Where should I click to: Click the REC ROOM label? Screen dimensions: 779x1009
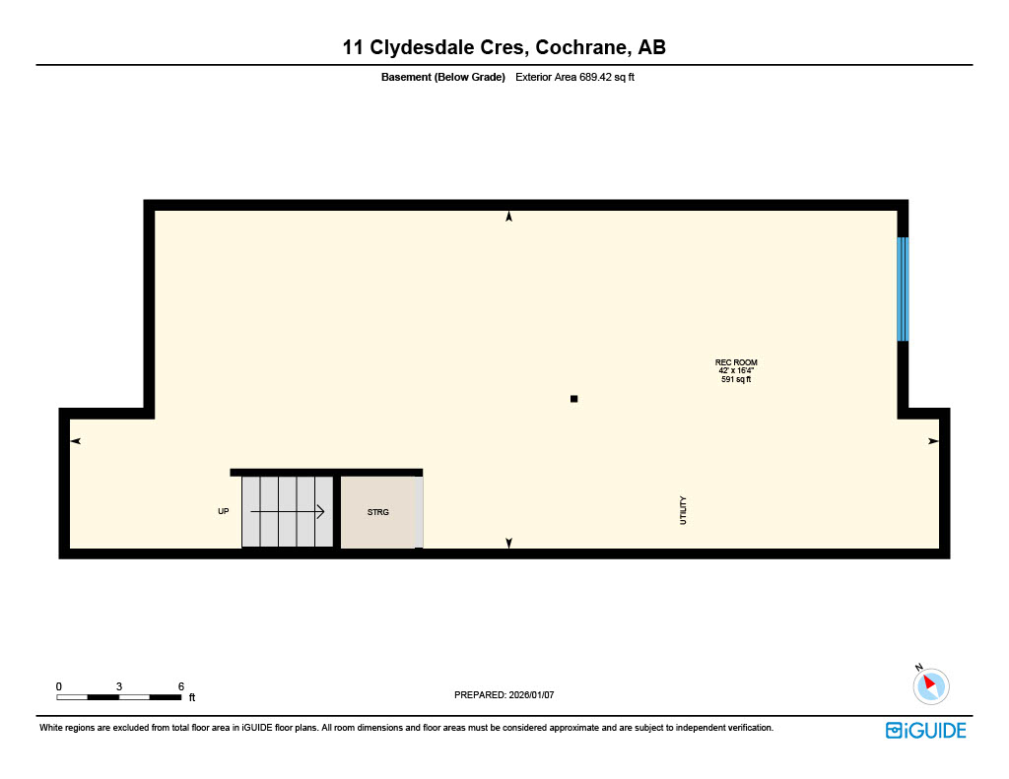coord(736,362)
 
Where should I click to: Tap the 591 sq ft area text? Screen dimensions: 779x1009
coord(736,379)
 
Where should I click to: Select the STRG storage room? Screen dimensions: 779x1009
coord(379,512)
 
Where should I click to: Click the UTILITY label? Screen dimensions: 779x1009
coord(683,510)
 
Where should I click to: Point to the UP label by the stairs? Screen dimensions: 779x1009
coord(224,512)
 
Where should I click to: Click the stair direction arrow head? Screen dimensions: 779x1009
coord(319,511)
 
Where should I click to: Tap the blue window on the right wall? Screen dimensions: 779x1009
coord(903,289)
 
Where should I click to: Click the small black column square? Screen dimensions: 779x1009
coord(574,399)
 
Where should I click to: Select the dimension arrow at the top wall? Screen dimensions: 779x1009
coord(509,217)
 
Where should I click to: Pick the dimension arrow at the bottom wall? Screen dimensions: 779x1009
coord(509,543)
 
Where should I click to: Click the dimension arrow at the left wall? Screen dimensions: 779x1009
coord(75,441)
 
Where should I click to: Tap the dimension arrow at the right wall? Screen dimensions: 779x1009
coord(933,441)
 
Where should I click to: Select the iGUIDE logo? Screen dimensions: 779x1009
coord(925,730)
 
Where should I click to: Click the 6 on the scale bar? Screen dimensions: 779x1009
coord(181,685)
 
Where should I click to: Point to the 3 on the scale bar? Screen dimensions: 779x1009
coord(119,685)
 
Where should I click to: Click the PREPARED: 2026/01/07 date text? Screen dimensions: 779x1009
coord(504,695)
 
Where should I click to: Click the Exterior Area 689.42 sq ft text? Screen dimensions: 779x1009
coord(574,77)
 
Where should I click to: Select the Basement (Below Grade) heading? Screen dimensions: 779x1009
coord(442,77)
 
